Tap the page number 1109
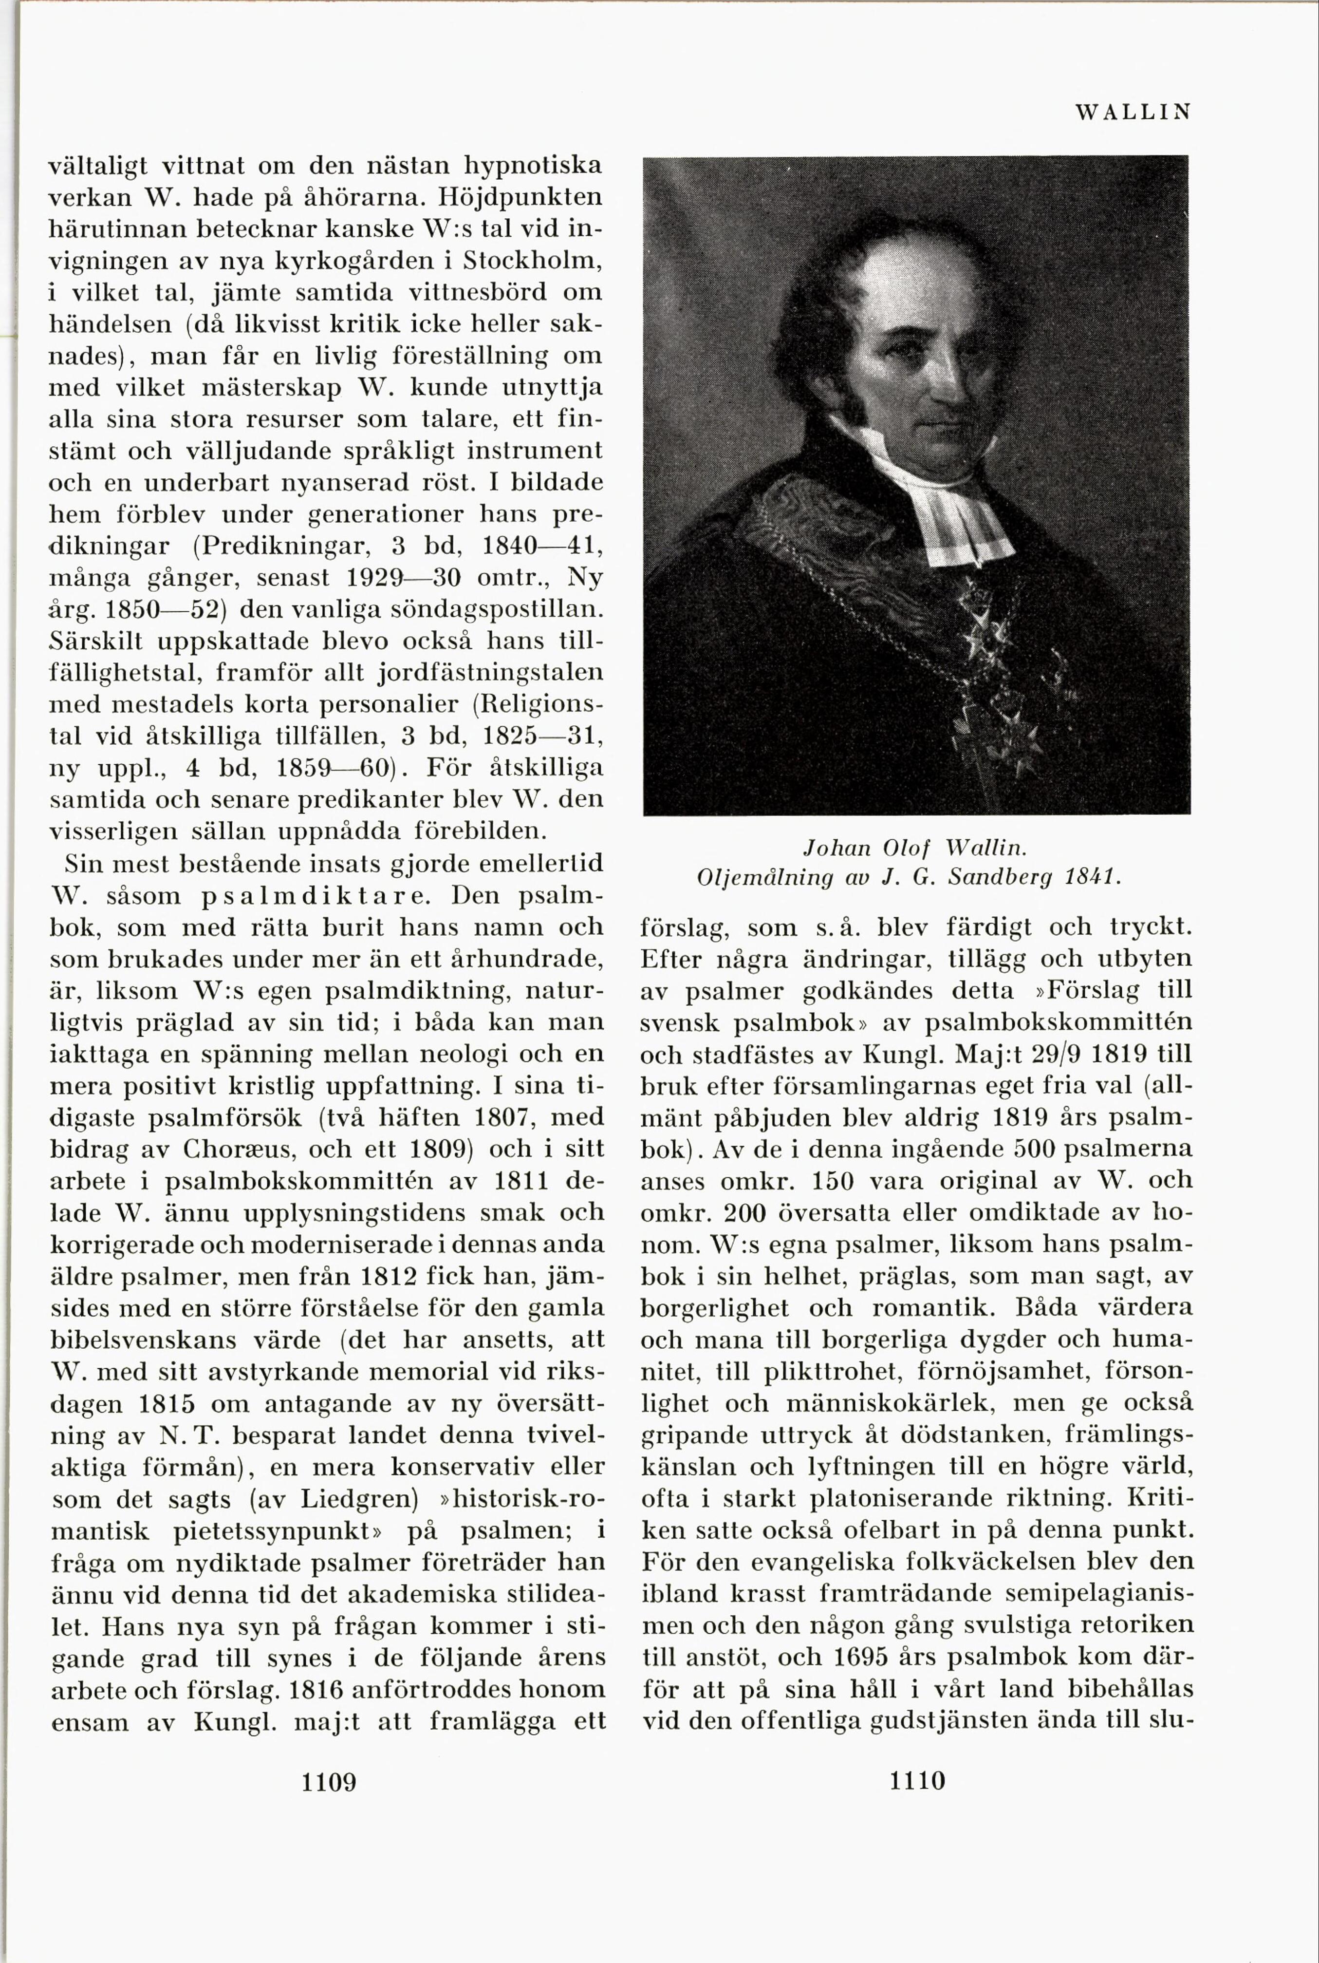329,1781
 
